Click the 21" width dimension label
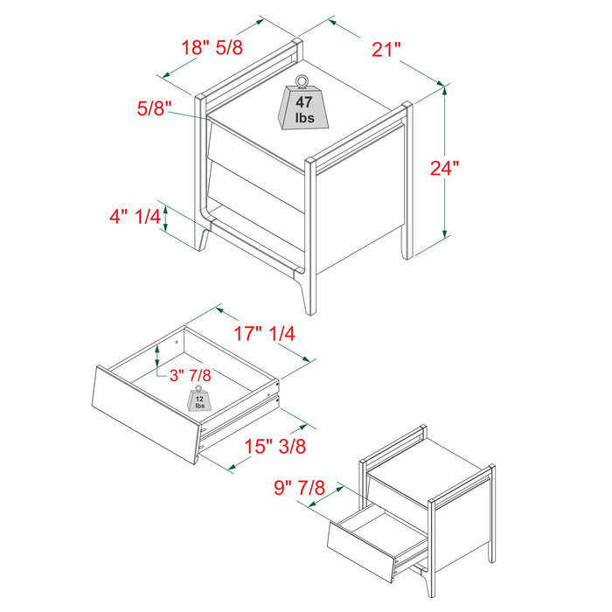(386, 49)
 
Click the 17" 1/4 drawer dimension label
(265, 333)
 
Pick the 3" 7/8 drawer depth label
(190, 374)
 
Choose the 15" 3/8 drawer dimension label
(275, 446)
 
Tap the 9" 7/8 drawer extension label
(299, 485)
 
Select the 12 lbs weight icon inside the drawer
(200, 400)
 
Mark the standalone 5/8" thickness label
(154, 109)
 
